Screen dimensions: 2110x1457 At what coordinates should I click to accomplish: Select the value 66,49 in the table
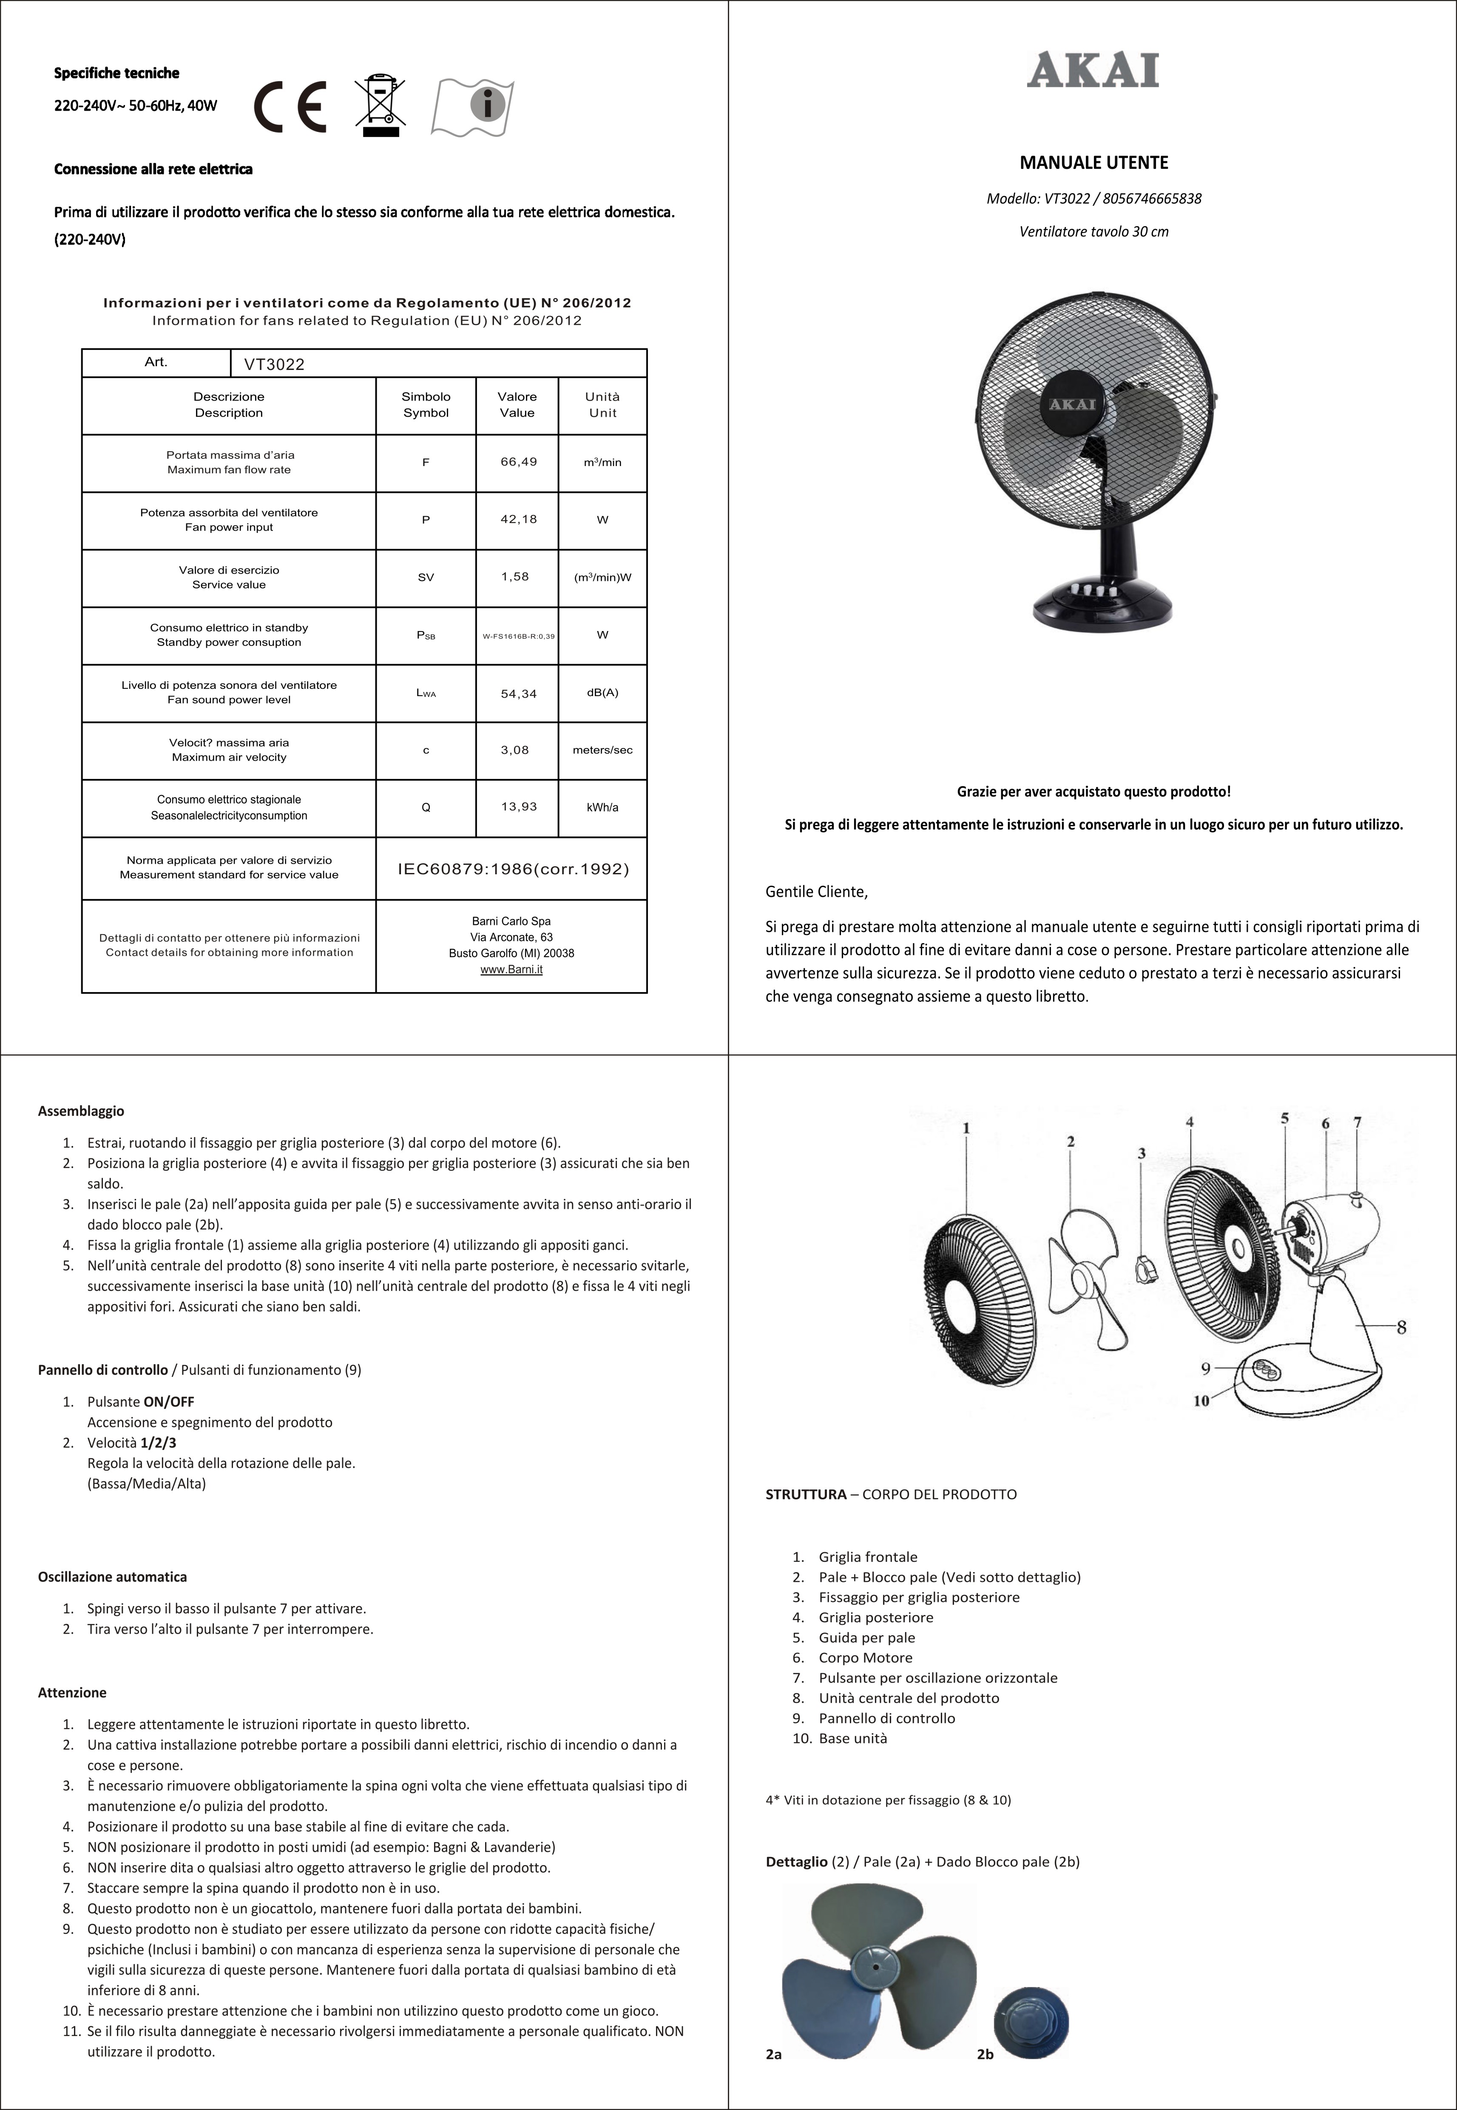pyautogui.click(x=517, y=462)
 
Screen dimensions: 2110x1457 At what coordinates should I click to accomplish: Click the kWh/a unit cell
pyautogui.click(x=602, y=807)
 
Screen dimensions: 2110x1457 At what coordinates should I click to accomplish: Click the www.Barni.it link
pyautogui.click(x=511, y=970)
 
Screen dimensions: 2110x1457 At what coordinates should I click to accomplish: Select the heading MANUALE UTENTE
pyautogui.click(x=1093, y=162)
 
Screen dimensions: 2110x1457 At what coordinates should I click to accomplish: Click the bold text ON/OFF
pyautogui.click(x=169, y=1402)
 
